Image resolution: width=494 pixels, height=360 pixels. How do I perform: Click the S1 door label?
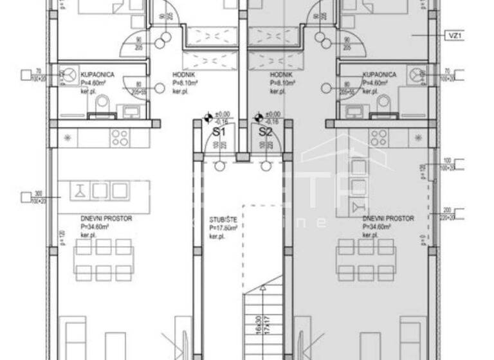tap(219, 131)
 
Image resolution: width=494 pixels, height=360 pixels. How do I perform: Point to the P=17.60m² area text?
tap(223, 228)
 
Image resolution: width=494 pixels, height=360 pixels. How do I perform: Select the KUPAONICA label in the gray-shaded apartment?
tap(380, 75)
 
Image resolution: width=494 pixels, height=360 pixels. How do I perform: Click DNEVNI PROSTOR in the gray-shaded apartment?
tap(388, 219)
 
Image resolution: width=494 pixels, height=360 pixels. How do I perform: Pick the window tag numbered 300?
tap(38, 194)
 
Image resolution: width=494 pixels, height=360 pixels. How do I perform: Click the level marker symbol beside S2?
tap(259, 118)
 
